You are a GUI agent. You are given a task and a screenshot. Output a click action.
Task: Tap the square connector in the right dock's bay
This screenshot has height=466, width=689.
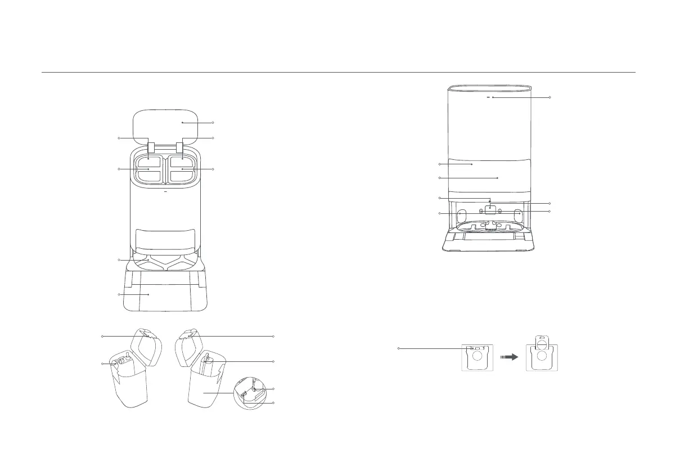click(x=491, y=209)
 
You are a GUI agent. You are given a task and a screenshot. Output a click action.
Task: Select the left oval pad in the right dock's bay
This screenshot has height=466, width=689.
click(x=461, y=214)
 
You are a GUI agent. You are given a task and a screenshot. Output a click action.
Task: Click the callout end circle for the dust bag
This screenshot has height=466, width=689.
click(x=399, y=349)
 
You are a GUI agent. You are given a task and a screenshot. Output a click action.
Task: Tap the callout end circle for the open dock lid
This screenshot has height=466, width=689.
click(x=213, y=122)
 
